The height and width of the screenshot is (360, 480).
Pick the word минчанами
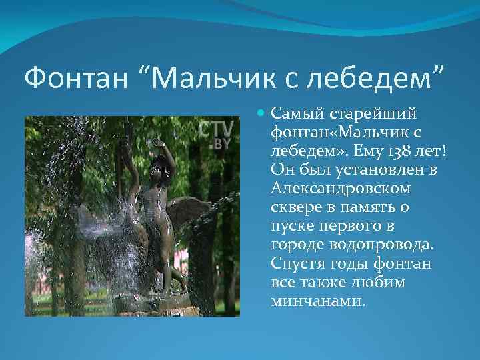(x=319, y=300)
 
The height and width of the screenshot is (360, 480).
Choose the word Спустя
(x=296, y=263)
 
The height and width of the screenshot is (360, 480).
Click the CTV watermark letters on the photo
(x=217, y=128)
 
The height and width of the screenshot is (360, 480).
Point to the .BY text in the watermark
(x=223, y=144)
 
